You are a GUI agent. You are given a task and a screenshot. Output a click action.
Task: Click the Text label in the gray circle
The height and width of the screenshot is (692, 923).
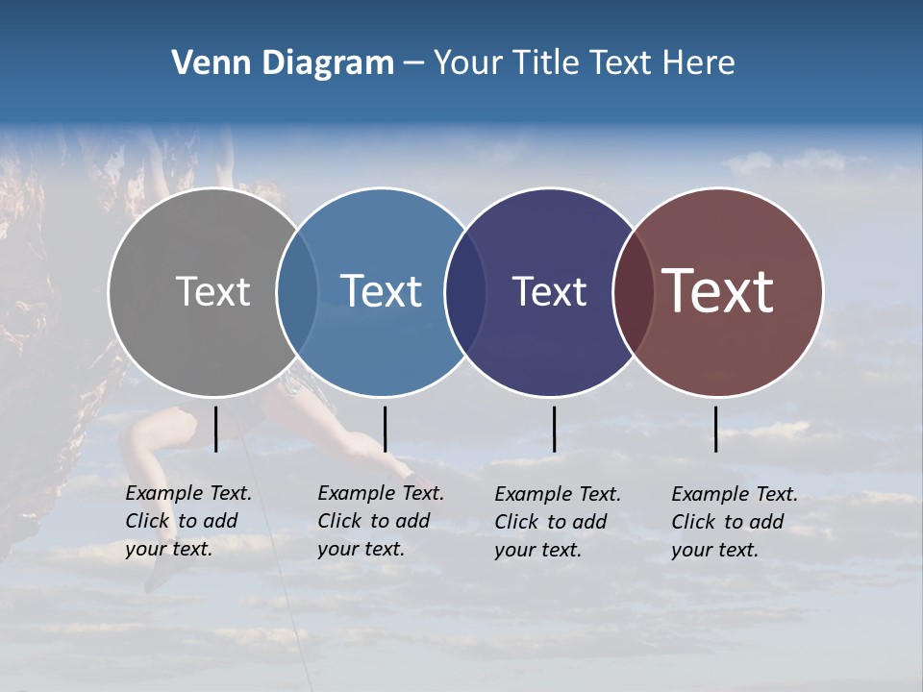click(x=212, y=291)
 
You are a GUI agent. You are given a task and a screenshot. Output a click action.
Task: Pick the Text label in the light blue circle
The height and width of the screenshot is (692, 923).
click(x=381, y=291)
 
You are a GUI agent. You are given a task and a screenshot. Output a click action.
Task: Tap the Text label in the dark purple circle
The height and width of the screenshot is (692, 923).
click(x=549, y=291)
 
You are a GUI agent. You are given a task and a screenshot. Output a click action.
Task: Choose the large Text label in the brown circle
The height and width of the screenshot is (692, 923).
click(x=718, y=291)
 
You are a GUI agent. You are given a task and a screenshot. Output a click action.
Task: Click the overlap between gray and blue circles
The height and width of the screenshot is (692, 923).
click(x=297, y=292)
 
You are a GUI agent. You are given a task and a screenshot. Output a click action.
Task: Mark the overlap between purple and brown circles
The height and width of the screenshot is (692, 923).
click(x=633, y=292)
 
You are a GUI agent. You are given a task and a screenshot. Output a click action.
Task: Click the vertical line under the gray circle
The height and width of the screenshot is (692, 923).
click(x=215, y=429)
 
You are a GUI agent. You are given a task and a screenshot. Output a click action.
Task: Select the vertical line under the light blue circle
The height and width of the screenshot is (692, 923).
click(x=385, y=429)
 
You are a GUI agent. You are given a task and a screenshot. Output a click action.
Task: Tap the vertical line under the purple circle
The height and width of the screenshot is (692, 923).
click(x=554, y=429)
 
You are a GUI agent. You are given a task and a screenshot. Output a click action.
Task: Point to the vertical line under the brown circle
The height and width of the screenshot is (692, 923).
click(x=715, y=429)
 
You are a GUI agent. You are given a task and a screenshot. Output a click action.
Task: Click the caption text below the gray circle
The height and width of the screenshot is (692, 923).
click(x=188, y=521)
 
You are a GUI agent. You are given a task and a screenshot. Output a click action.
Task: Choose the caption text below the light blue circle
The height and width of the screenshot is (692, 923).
click(x=381, y=521)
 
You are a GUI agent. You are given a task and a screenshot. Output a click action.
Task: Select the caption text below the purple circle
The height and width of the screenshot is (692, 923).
click(x=558, y=522)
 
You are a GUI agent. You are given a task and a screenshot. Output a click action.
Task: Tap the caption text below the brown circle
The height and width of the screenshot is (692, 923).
click(x=735, y=522)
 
